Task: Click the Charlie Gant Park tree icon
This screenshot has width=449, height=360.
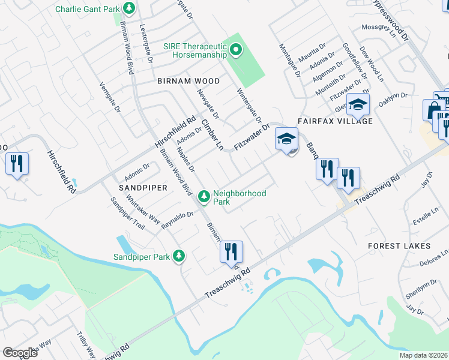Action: (128, 8)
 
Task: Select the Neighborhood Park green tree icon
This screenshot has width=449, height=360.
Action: (204, 196)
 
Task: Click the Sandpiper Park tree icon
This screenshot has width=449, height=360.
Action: (178, 256)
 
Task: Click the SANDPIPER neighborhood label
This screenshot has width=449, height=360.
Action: (142, 188)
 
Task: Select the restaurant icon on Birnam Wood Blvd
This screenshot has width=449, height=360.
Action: (231, 253)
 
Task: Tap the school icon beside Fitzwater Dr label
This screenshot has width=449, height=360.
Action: (286, 140)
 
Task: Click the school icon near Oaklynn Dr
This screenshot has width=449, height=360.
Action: (358, 105)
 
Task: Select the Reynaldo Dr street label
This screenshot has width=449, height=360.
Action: (178, 220)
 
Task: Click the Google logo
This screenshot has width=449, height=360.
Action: (20, 353)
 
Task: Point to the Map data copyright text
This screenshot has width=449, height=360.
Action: (423, 355)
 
